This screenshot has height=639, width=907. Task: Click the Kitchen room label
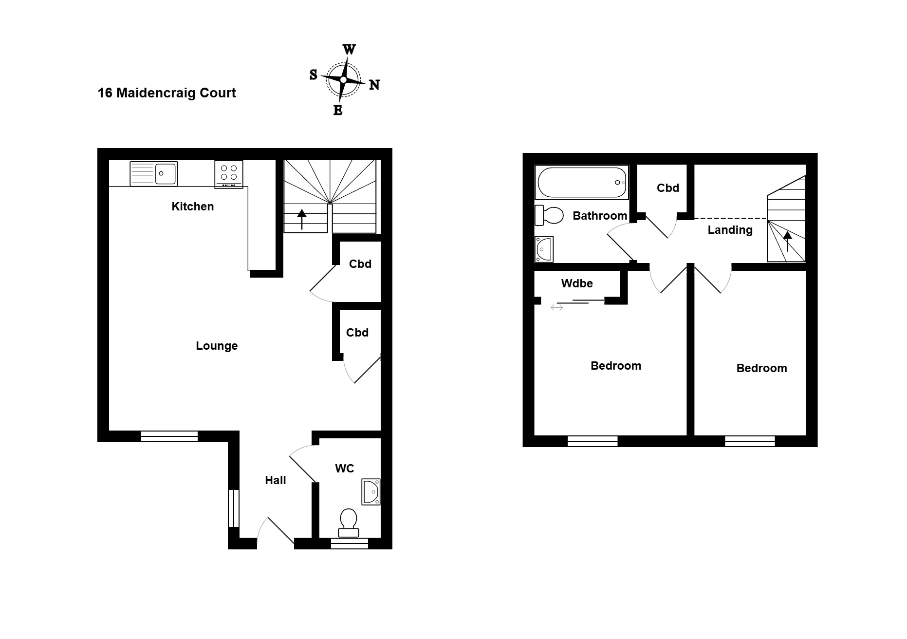[x=193, y=207]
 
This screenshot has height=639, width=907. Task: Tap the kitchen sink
[x=153, y=174]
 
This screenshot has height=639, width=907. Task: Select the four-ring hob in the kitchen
[x=229, y=174]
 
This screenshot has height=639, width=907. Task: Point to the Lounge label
[x=217, y=346]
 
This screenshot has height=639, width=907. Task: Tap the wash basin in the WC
[x=371, y=491]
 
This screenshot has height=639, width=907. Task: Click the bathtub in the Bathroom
[x=582, y=182]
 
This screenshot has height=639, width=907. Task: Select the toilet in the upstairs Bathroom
[x=549, y=215]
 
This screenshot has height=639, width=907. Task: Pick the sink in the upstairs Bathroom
[x=544, y=249]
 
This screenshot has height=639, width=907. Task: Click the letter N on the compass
[x=374, y=85]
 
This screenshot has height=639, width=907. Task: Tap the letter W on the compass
[x=350, y=50]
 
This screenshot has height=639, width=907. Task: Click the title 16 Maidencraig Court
[x=167, y=93]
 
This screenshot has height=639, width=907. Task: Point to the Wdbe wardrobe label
[x=577, y=283]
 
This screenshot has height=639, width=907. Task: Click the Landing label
[x=730, y=230]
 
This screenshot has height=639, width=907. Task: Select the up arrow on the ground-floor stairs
[x=302, y=219]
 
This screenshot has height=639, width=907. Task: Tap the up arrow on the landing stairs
[x=787, y=241]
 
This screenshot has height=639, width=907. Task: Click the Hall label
[x=276, y=480]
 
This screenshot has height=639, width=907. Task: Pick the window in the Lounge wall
[x=169, y=436]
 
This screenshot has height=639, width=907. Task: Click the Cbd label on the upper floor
[x=668, y=188]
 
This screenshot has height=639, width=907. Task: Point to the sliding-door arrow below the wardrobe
[x=557, y=307]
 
